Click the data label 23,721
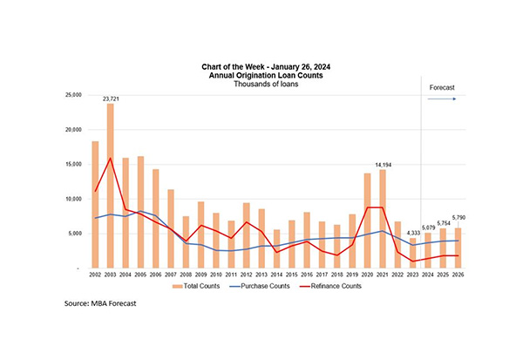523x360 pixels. coord(111,98)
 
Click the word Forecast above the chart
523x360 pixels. coord(442,87)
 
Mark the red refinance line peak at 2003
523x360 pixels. coord(111,159)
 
